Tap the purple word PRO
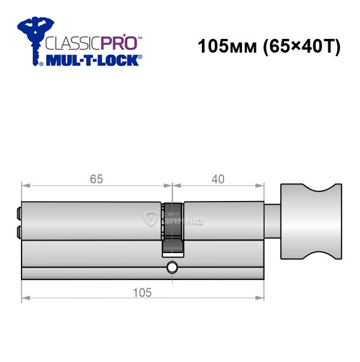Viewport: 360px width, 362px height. (x=119, y=42)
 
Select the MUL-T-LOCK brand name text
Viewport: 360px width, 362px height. (x=93, y=60)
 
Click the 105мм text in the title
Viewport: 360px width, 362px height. (x=227, y=46)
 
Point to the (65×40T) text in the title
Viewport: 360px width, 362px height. (x=302, y=47)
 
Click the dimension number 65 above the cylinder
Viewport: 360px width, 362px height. (x=96, y=179)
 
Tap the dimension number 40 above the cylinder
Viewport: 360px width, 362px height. (x=218, y=179)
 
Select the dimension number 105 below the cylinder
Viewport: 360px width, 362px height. (x=143, y=293)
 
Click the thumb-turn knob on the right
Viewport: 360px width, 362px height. (x=311, y=221)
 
